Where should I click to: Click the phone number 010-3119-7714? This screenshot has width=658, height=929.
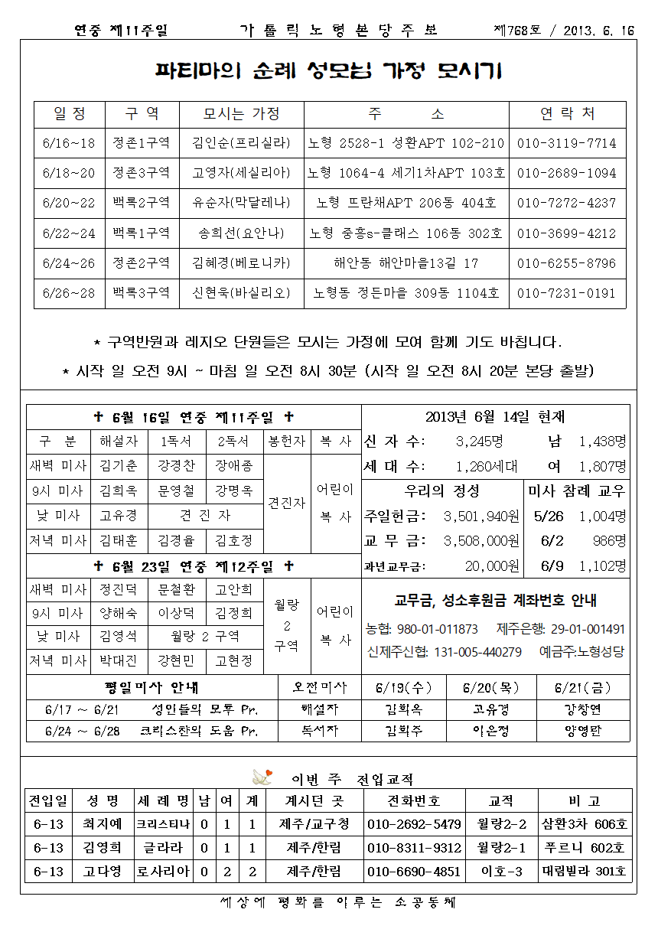point(566,143)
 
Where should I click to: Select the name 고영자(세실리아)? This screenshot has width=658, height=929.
point(241,173)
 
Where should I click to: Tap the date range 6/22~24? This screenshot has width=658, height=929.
point(69,233)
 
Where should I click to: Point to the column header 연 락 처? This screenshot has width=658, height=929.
point(567,114)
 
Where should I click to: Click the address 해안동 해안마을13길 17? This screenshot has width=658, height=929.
point(406,263)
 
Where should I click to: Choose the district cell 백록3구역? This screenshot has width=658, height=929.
point(142,293)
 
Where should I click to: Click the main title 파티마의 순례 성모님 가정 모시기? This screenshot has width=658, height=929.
point(329,72)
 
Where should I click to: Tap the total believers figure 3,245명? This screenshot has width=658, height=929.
point(479,442)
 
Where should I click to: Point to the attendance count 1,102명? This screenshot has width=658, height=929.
point(602,566)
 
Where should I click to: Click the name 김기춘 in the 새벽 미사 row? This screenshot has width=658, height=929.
point(119,466)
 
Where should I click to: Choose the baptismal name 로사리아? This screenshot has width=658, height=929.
point(163,872)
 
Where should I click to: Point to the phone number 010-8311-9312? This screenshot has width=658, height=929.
point(414,848)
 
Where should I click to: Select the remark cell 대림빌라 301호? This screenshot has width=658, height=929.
point(585,872)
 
